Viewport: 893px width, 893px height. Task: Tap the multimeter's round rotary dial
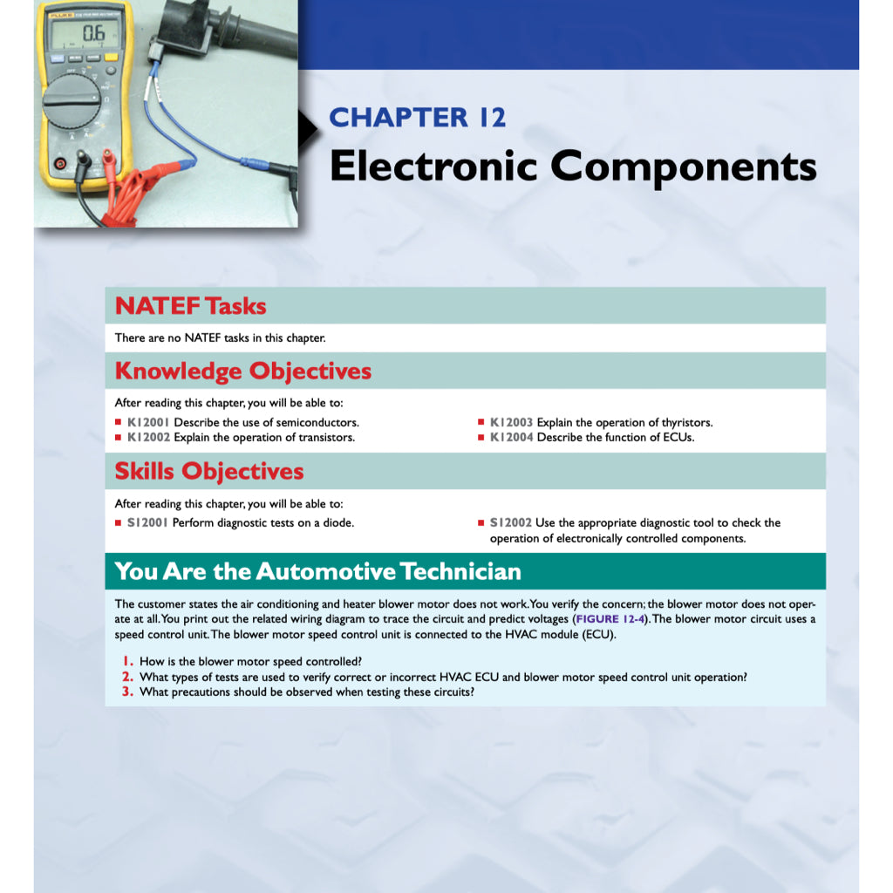tap(71, 102)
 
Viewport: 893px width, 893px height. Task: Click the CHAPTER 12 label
tap(417, 117)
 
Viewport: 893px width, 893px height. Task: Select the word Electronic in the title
tap(433, 166)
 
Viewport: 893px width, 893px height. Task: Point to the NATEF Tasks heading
tap(190, 306)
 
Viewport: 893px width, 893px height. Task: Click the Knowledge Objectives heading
tap(242, 371)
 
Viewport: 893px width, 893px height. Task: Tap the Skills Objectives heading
tap(209, 471)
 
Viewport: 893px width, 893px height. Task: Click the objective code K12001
tap(148, 423)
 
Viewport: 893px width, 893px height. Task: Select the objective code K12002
tap(148, 438)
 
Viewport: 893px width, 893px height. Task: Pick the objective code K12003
tap(511, 423)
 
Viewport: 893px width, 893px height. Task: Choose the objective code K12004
tap(511, 438)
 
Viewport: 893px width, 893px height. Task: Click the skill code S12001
tap(147, 523)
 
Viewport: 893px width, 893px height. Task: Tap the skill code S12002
tap(510, 523)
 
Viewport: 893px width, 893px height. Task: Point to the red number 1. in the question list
tap(127, 662)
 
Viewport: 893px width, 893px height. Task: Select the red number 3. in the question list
tap(127, 692)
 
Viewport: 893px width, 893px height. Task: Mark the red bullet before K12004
tap(481, 438)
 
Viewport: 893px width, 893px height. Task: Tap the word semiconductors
tap(317, 423)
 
